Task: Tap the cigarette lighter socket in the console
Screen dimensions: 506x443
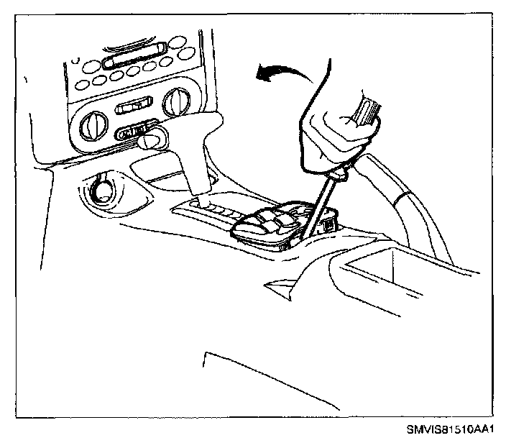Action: click(101, 191)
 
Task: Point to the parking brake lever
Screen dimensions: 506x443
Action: click(402, 187)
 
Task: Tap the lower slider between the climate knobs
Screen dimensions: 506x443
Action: click(133, 132)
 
